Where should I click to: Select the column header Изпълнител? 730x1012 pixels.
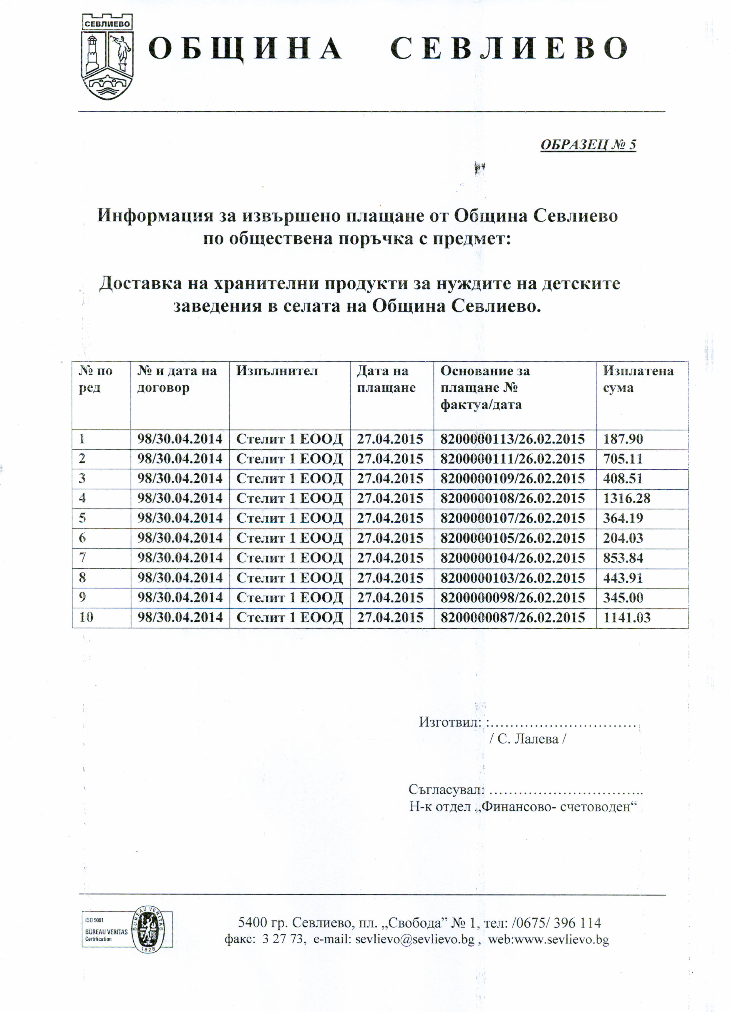(x=277, y=371)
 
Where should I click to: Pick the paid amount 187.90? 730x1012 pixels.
(x=623, y=439)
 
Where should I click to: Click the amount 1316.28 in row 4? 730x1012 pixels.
(x=626, y=498)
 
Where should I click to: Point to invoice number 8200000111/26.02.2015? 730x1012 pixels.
(x=512, y=459)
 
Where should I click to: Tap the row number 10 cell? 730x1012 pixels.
(x=86, y=617)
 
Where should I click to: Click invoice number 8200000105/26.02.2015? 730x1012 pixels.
(x=512, y=539)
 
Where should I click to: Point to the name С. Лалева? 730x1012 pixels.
(x=527, y=739)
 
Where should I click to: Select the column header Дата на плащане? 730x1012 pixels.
(x=386, y=379)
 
